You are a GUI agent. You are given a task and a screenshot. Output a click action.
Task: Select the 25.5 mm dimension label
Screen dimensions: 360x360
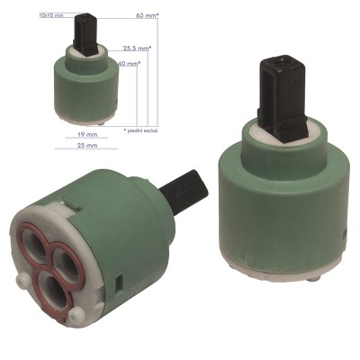136,49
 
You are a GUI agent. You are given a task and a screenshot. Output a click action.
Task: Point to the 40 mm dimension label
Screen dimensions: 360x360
130,65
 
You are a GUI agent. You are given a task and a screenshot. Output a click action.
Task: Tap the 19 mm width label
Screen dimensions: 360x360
87,132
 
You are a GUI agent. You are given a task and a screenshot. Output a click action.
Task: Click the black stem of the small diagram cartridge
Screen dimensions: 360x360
85,31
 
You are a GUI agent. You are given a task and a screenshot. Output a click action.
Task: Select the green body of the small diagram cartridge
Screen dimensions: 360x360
86,85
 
